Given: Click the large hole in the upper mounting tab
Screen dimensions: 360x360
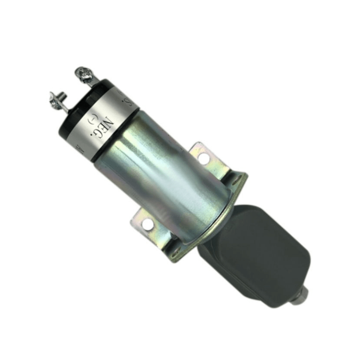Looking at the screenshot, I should coord(203,158).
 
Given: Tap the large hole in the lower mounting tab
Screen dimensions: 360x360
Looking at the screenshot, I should coord(147,224).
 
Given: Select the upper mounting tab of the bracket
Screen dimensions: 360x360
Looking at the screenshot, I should coord(202,156).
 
